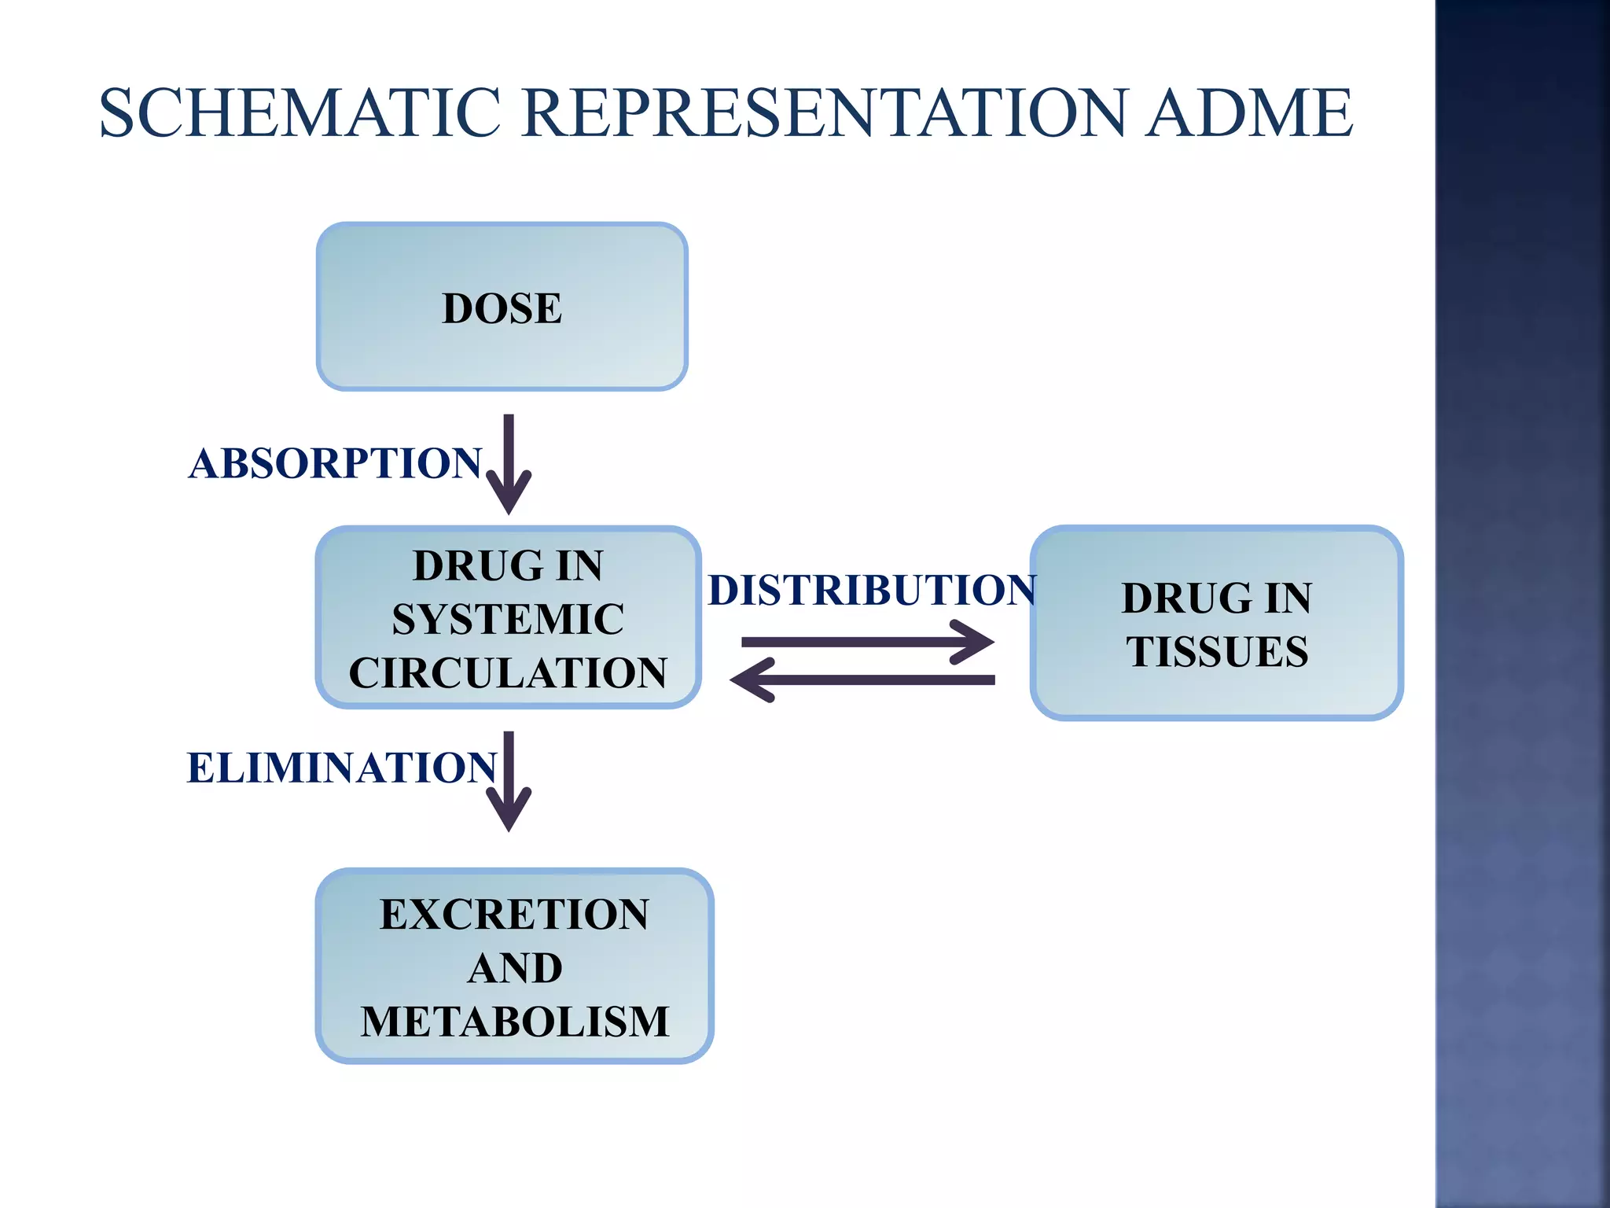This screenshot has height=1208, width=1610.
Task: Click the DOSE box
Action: [x=502, y=308]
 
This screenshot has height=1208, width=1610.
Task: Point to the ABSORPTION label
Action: [x=335, y=463]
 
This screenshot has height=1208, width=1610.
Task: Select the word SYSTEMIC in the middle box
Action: [x=508, y=619]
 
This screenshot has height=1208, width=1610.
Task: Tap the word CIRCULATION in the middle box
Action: [x=508, y=673]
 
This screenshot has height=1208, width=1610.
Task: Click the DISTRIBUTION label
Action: [x=871, y=590]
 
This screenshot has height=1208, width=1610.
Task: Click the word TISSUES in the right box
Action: [x=1217, y=652]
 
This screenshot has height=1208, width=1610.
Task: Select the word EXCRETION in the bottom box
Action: [x=514, y=915]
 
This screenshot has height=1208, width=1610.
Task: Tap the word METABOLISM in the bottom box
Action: [x=514, y=1022]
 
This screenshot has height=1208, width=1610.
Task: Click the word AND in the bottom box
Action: [x=514, y=968]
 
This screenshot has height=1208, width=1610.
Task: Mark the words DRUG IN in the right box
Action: [x=1217, y=598]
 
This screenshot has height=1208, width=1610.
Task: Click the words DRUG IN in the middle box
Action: [x=508, y=565]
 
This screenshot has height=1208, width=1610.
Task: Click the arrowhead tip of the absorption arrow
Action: [x=509, y=511]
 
